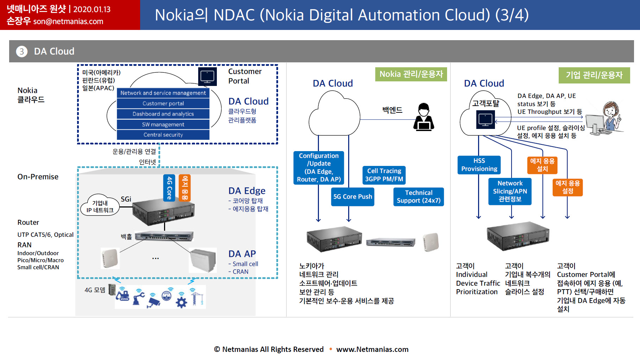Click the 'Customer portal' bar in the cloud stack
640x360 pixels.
pyautogui.click(x=163, y=104)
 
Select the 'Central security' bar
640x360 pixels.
pyautogui.click(x=163, y=135)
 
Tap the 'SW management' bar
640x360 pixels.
pyautogui.click(x=163, y=124)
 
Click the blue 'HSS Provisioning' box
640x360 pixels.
pyautogui.click(x=479, y=165)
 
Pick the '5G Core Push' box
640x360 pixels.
pyautogui.click(x=353, y=197)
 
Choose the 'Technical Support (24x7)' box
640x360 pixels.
pyautogui.click(x=419, y=197)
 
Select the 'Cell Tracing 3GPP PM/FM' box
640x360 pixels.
pyautogui.click(x=384, y=175)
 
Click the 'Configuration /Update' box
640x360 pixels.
pyautogui.click(x=319, y=168)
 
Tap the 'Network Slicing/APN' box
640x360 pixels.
pyautogui.click(x=510, y=191)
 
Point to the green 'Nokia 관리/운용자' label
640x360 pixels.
pyautogui.click(x=411, y=74)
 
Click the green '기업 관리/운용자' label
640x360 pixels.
pyautogui.click(x=594, y=75)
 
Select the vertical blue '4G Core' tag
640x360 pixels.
pyautogui.click(x=169, y=188)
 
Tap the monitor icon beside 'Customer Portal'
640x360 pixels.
pyautogui.click(x=207, y=76)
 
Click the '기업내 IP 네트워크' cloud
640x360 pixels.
pyautogui.click(x=100, y=205)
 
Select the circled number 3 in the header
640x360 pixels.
pyautogui.click(x=22, y=51)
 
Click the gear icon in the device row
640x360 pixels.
pyautogui.click(x=181, y=302)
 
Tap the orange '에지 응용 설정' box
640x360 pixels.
pyautogui.click(x=567, y=187)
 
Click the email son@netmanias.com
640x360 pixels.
pyautogui.click(x=68, y=21)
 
